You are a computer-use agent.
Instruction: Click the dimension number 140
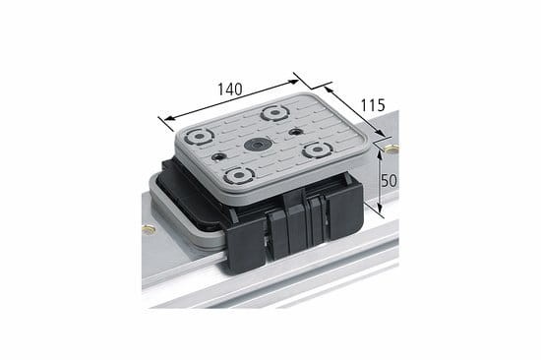tap(229, 88)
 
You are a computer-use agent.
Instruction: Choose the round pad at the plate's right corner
tap(317, 150)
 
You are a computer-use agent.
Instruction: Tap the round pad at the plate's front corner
tap(236, 177)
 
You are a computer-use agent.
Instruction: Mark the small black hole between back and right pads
tap(295, 132)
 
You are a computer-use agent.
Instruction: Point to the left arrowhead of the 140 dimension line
tap(161, 117)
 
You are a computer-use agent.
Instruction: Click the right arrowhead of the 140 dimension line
tap(295, 73)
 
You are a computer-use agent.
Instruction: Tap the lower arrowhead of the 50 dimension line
tap(378, 210)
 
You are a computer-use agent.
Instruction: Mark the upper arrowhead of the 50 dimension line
tap(378, 156)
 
